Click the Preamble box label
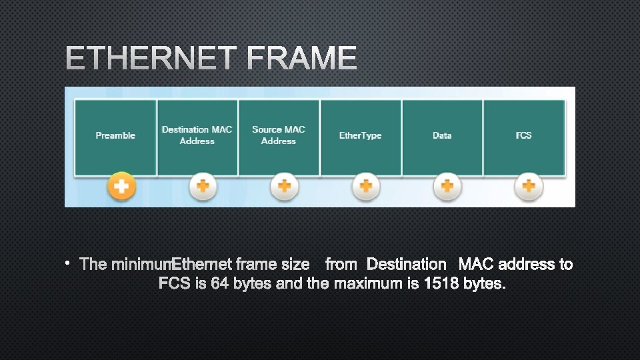click(x=115, y=135)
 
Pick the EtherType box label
click(x=360, y=135)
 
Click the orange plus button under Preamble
click(x=121, y=187)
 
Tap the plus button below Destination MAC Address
click(x=203, y=187)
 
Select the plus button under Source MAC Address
click(x=284, y=187)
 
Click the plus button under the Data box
click(x=447, y=187)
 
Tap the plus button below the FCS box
click(x=529, y=187)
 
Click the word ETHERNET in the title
click(x=151, y=59)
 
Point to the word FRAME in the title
click(x=302, y=59)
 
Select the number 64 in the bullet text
click(x=219, y=283)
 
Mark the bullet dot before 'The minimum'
click(x=68, y=264)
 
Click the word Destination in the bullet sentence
click(x=406, y=264)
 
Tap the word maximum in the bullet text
click(x=367, y=283)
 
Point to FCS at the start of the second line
click(x=175, y=283)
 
